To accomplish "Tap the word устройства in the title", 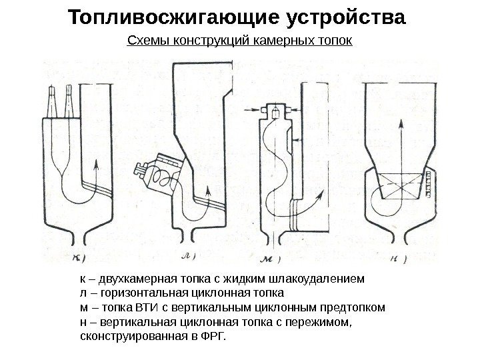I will [x=345, y=17].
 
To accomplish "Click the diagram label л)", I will [x=188, y=256].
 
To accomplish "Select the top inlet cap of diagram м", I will [x=273, y=109].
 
